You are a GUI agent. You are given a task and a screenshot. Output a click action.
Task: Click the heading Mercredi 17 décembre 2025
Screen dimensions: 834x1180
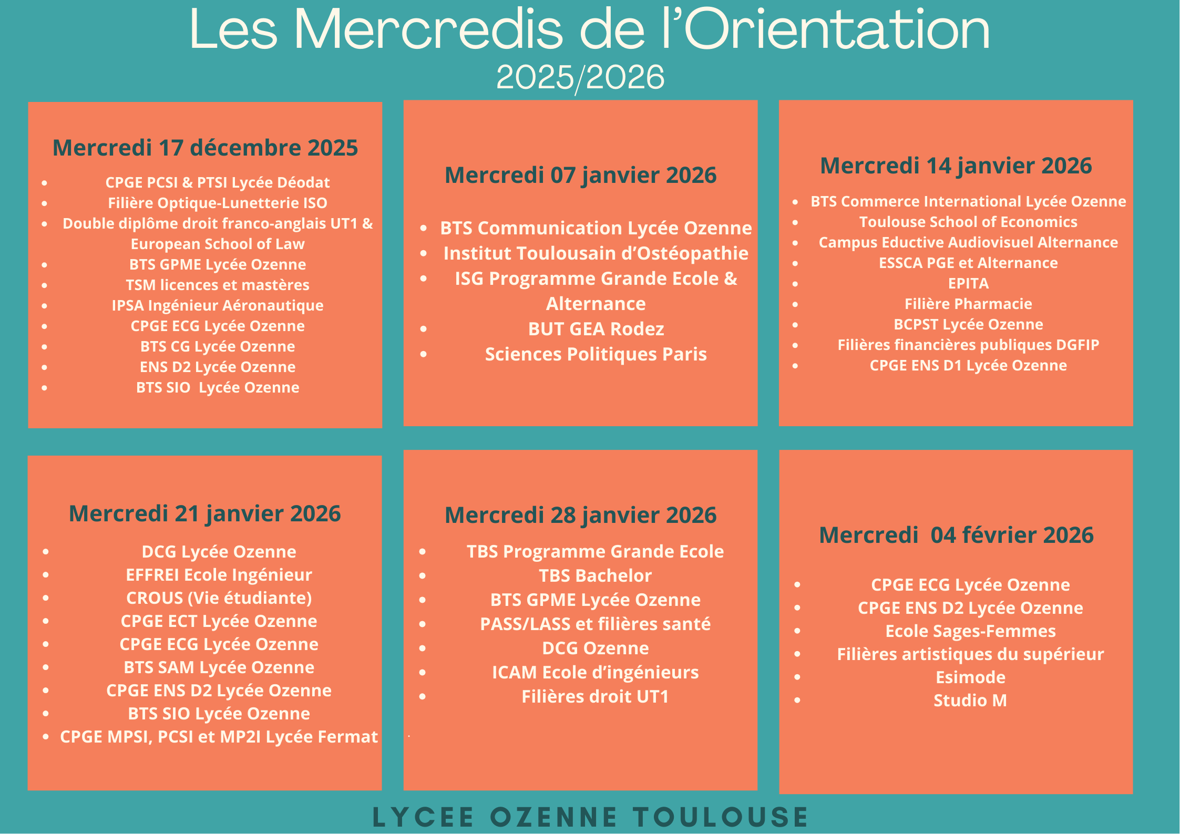205,148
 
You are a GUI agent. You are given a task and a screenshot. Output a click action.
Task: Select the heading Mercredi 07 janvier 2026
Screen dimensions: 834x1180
580,176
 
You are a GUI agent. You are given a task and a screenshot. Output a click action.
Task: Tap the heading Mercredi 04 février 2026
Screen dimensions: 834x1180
956,536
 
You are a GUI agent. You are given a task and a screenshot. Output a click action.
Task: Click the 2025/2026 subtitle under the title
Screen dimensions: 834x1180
580,78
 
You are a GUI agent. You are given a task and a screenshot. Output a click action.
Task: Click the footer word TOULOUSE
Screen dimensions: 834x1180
721,817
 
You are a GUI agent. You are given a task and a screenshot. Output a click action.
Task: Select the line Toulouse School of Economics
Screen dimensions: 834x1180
968,222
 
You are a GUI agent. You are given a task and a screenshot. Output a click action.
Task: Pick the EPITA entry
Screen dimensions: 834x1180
968,284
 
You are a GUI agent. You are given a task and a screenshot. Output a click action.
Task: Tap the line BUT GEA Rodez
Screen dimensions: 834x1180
596,330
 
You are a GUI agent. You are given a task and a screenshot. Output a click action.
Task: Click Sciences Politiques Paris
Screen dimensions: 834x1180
596,355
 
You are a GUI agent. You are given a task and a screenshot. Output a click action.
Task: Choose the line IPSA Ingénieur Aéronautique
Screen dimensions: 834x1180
218,306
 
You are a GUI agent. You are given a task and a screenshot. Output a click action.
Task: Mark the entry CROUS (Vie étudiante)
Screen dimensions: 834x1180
219,598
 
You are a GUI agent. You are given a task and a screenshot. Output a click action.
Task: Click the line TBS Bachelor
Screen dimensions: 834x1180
596,576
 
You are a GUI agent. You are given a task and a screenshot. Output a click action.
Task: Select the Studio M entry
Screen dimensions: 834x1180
970,701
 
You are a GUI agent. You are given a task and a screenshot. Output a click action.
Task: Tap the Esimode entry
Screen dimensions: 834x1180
970,677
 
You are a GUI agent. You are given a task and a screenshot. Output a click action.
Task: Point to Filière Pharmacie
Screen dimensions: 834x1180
968,304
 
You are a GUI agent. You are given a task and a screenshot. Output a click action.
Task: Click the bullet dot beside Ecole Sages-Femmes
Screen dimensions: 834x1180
797,631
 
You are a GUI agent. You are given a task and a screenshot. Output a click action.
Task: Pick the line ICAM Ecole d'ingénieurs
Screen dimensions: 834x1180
596,673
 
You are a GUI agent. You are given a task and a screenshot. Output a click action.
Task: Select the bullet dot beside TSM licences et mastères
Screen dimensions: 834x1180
45,285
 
